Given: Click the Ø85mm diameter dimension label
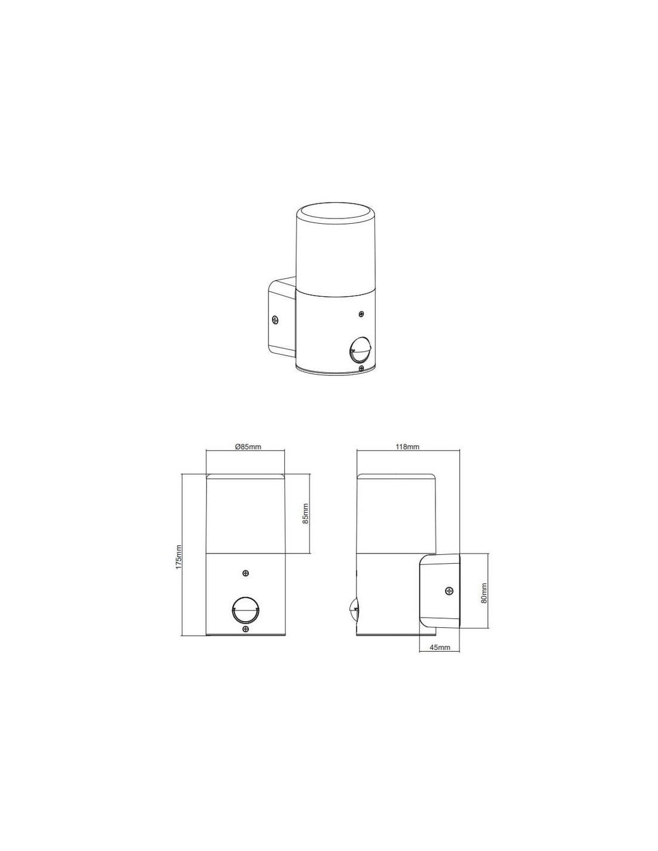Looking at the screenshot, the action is pos(245,447).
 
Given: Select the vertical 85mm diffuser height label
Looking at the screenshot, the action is pos(306,513).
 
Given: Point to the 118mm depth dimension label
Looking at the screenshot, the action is pos(408,447).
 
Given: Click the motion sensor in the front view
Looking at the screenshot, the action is pos(245,618).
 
